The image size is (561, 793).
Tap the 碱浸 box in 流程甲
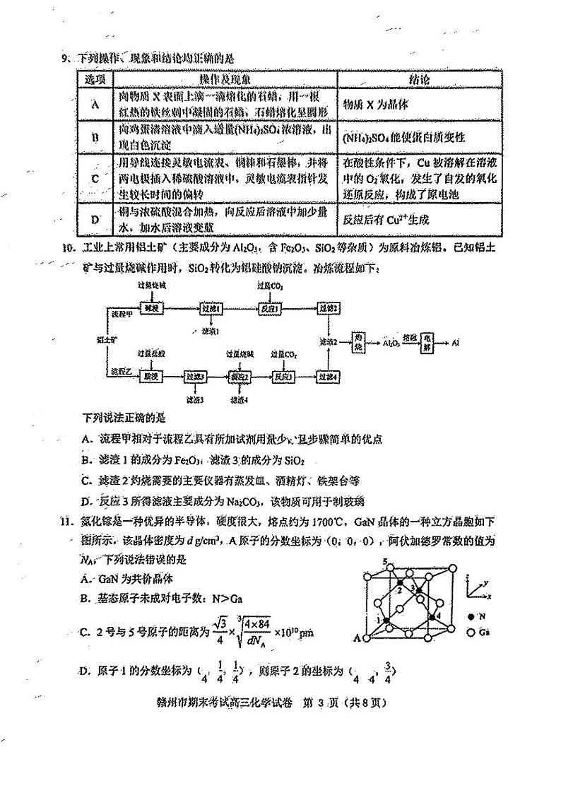point(148,309)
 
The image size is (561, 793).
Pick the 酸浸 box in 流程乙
point(148,377)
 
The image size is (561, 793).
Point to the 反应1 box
point(268,309)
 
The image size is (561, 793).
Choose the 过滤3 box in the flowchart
point(196,377)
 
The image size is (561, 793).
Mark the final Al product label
point(456,342)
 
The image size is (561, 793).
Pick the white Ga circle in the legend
point(470,632)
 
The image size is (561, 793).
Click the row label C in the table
point(95,178)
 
